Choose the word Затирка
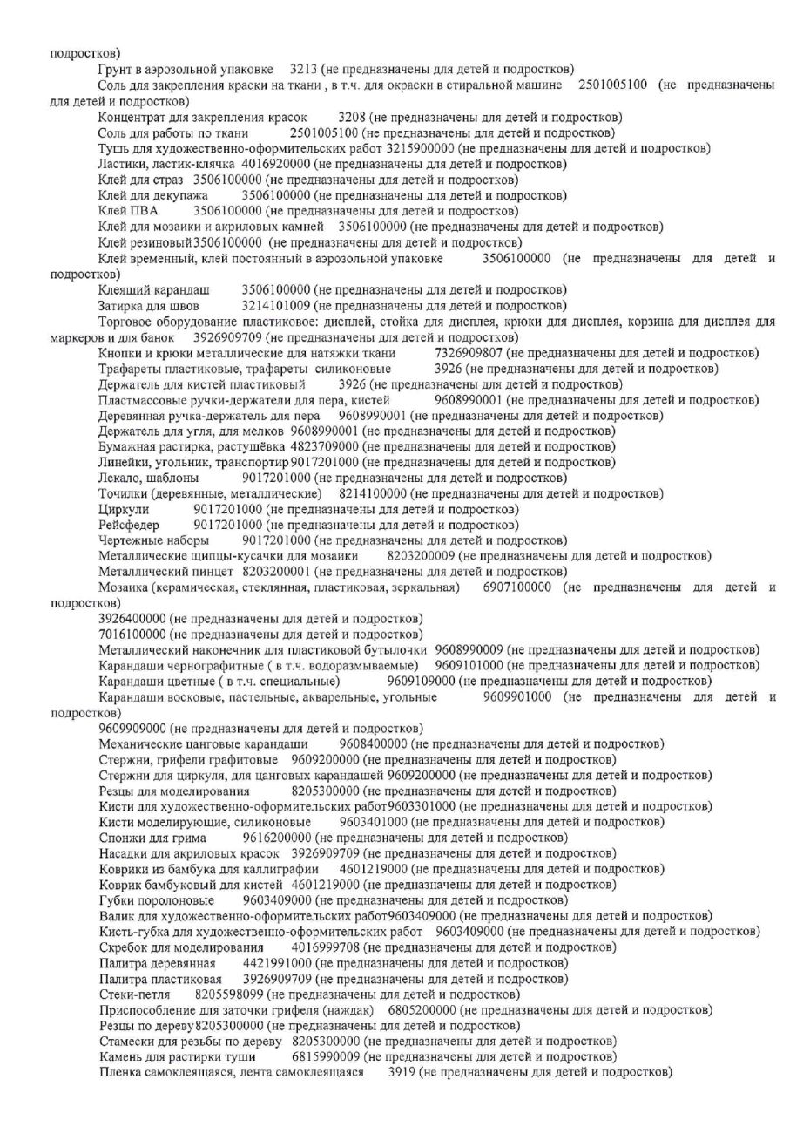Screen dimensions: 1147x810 (122, 305)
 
